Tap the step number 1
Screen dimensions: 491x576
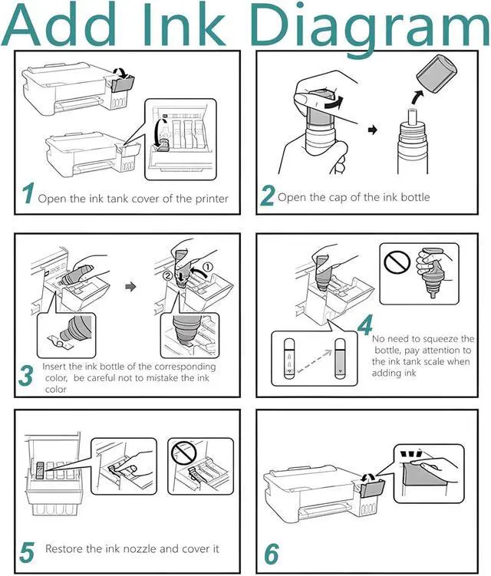pos(28,193)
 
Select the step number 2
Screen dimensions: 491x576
pos(267,196)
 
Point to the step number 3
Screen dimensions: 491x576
pos(26,376)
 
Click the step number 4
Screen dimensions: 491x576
pos(365,325)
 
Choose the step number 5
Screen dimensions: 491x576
pos(26,552)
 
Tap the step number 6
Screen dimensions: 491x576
pos(272,554)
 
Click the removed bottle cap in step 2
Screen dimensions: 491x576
pos(437,74)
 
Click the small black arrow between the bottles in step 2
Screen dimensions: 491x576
pos(373,130)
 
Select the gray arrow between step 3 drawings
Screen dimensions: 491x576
pos(130,287)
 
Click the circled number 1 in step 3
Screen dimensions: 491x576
pos(207,267)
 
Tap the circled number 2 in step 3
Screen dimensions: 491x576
pos(167,275)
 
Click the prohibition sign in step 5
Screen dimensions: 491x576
pos(184,453)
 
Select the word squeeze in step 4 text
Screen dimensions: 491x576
pos(440,338)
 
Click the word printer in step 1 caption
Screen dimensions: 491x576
pos(212,199)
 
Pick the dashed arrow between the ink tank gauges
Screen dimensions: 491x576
pos(315,361)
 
